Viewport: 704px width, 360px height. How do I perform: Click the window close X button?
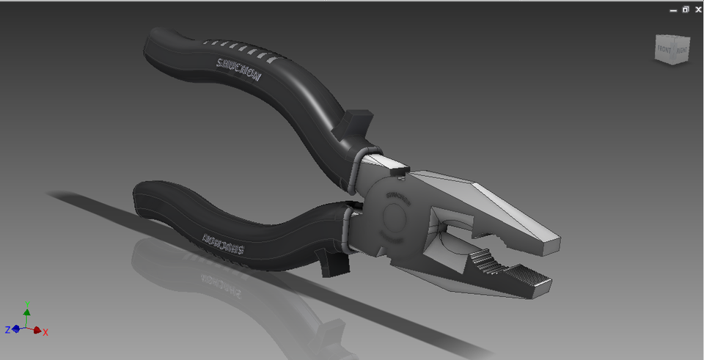click(x=696, y=10)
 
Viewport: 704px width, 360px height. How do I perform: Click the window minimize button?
click(x=673, y=10)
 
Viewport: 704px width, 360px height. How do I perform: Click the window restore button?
click(x=685, y=10)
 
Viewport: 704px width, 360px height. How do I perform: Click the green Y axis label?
click(x=27, y=303)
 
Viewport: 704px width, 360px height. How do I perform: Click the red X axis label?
click(x=45, y=332)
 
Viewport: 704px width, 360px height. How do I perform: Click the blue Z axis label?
click(x=7, y=330)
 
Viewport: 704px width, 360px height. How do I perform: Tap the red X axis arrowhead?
click(x=37, y=330)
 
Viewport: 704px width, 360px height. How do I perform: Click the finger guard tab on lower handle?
click(x=334, y=262)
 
